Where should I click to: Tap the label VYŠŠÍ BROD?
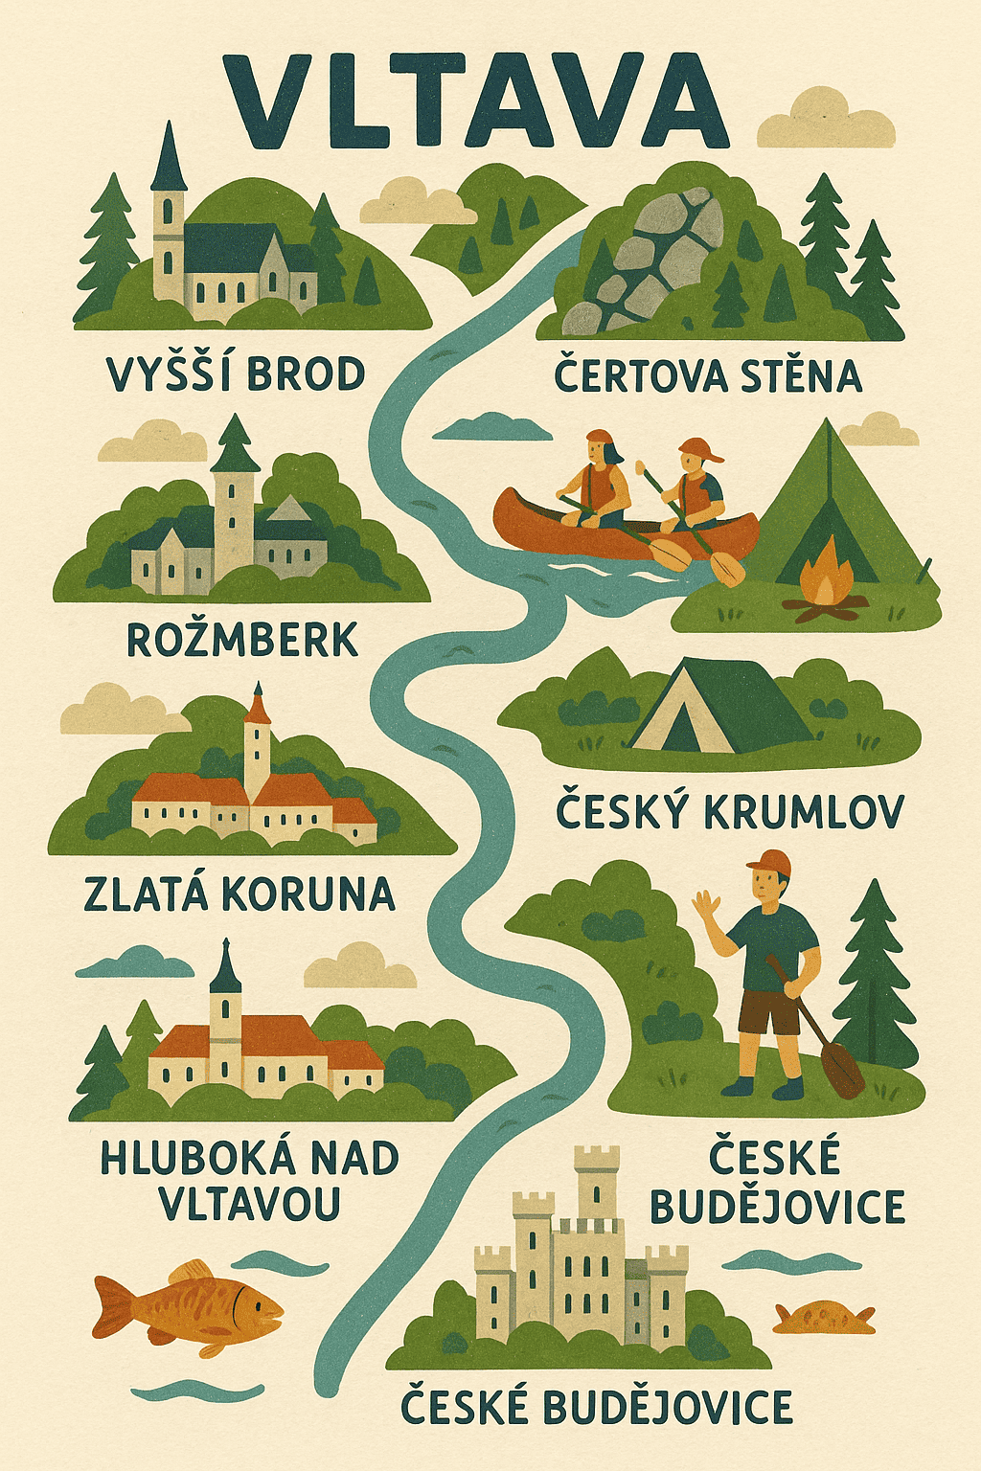pos(236,373)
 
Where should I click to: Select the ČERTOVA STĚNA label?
pos(708,375)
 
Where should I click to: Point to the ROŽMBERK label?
pos(242,640)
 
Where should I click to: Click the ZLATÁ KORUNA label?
pos(240,894)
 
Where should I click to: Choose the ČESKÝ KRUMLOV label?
pos(729,812)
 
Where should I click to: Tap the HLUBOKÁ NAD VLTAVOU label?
pos(249,1181)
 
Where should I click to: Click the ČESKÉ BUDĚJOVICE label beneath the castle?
pos(596,1407)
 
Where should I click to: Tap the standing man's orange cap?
pos(769,861)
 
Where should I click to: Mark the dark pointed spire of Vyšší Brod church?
pos(169,158)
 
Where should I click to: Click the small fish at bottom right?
pos(824,1317)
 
